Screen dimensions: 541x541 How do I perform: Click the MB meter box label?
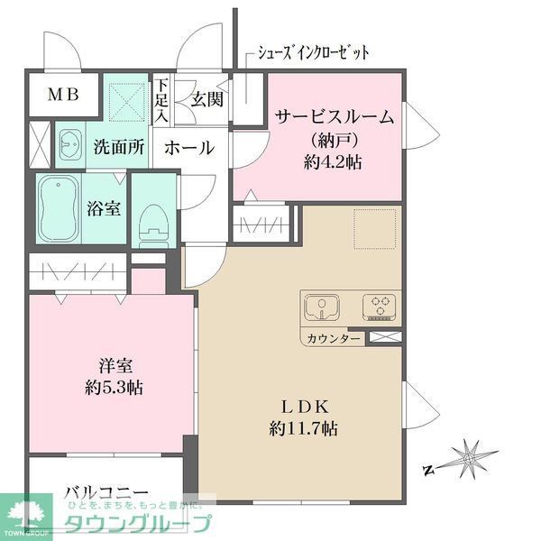coord(63,94)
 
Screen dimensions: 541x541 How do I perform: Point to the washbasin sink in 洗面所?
coord(71,144)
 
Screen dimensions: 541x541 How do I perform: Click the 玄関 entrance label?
coord(205,99)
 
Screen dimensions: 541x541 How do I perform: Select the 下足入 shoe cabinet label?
coord(160,99)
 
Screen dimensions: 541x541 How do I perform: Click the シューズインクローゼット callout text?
coord(313,51)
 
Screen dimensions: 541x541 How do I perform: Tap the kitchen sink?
coord(320,308)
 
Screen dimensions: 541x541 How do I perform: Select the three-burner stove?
coord(379,308)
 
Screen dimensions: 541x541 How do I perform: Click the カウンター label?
coord(335,339)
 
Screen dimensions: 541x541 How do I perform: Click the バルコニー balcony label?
coord(105,492)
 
